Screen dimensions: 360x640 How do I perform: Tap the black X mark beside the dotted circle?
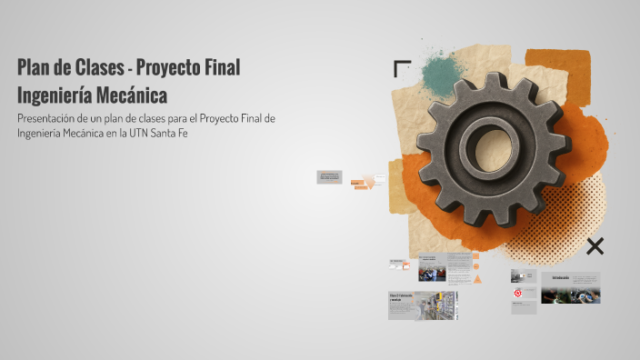click(595, 245)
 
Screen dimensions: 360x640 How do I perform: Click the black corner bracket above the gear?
click(401, 68)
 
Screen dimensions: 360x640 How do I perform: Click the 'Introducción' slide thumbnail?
click(570, 287)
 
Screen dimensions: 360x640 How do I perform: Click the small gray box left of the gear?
click(329, 176)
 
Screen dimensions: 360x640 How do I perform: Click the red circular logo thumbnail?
click(517, 294)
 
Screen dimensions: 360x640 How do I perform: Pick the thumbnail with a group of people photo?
click(432, 270)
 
